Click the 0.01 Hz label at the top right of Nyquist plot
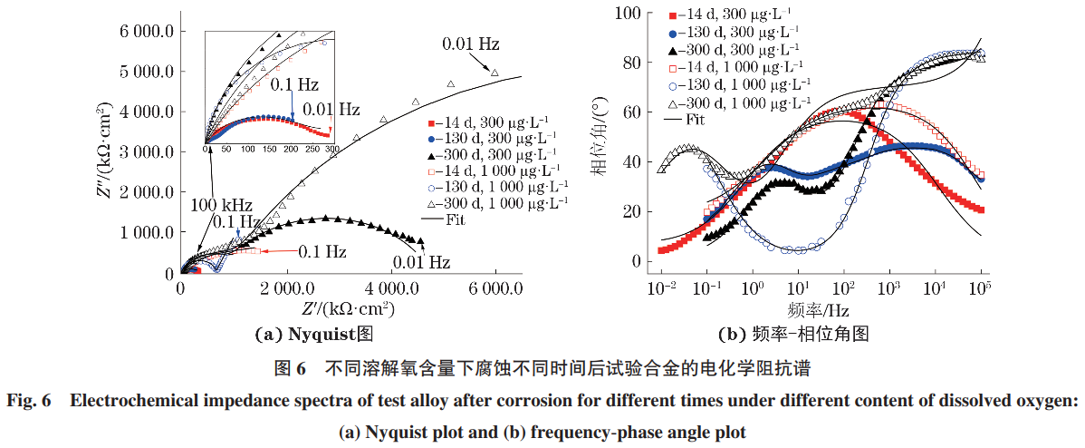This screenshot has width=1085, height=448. click(471, 44)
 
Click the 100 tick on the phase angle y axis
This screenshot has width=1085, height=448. click(628, 13)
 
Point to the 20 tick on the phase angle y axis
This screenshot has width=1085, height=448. click(632, 212)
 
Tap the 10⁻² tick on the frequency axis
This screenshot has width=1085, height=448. click(662, 288)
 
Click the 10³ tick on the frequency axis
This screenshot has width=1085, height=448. click(889, 288)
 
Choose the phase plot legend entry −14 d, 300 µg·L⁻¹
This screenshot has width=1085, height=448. click(730, 15)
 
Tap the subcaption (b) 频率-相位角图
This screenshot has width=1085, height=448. click(793, 334)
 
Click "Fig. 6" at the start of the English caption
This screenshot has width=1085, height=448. click(30, 401)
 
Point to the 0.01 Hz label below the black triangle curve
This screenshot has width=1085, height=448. click(421, 263)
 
